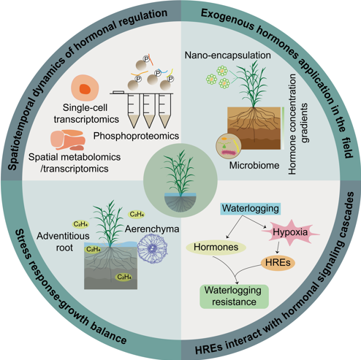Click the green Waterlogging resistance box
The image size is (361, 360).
[235, 294]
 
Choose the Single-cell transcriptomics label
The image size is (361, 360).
[80, 114]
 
